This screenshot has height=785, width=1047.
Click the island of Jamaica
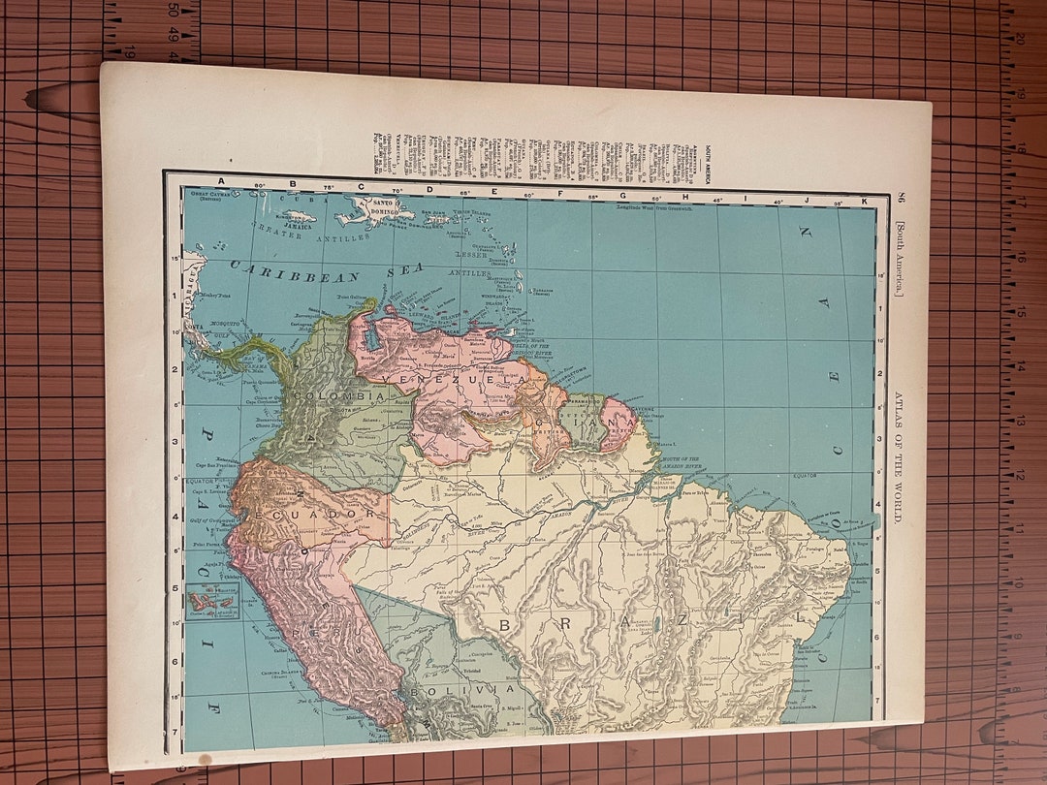tap(299, 217)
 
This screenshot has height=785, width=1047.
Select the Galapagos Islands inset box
tap(212, 601)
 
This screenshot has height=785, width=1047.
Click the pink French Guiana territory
tap(619, 424)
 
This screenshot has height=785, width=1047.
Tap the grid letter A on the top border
tap(221, 181)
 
